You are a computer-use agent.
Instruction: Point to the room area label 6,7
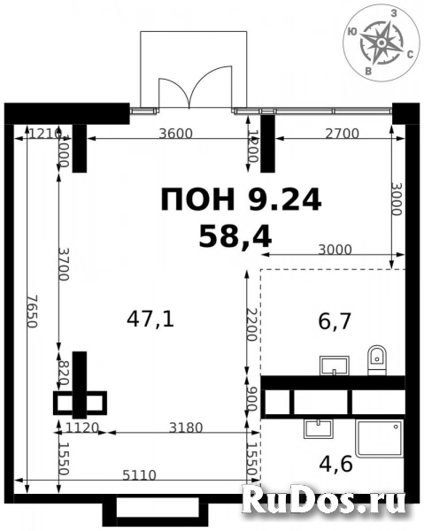335,320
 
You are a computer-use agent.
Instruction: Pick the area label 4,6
330,461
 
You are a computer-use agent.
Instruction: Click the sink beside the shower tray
317,428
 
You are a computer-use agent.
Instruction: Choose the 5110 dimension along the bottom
139,475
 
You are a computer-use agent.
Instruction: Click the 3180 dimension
186,428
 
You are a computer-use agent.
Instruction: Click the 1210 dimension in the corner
43,135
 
